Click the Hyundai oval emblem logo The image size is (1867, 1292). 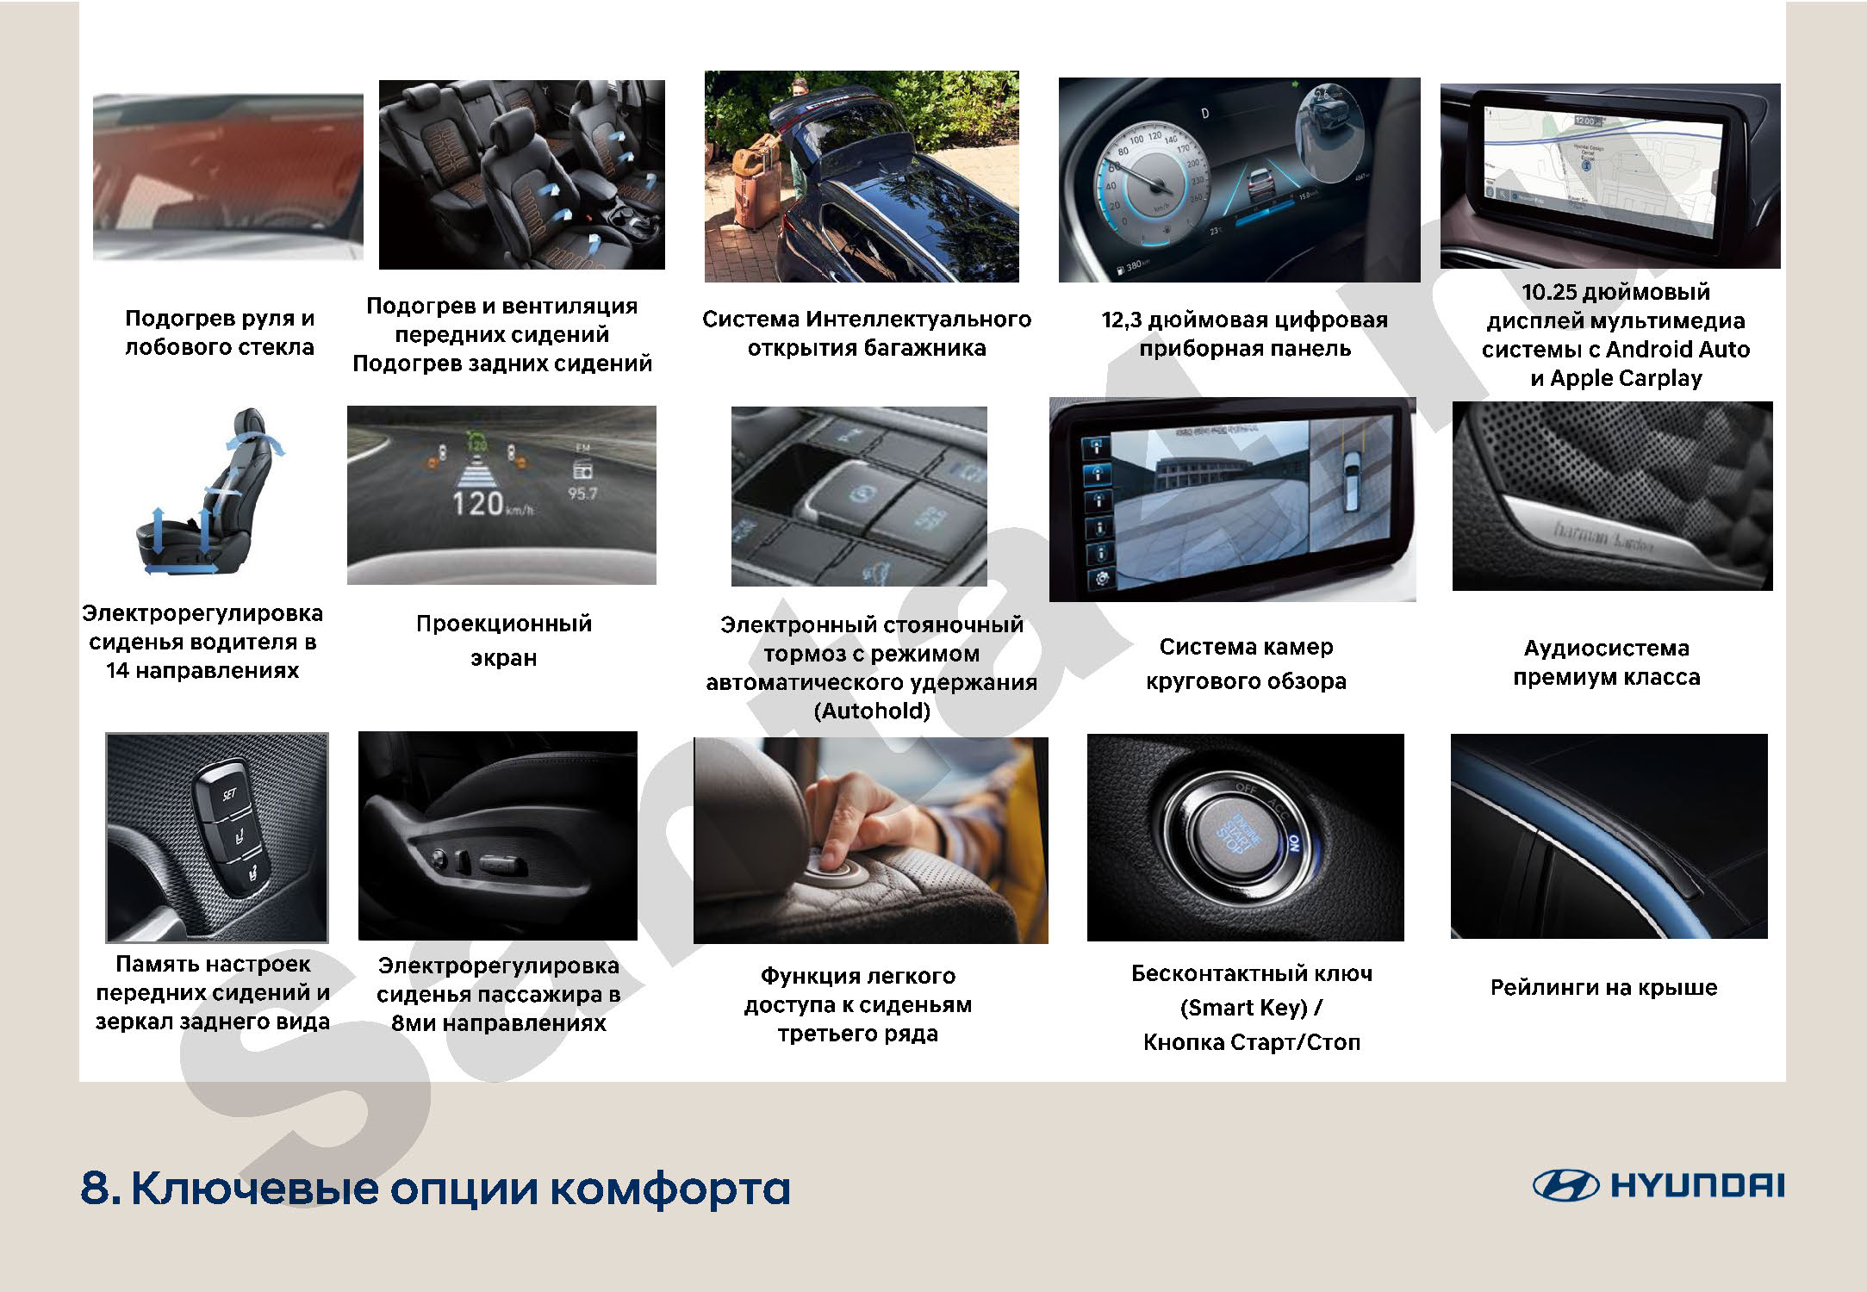tap(1565, 1185)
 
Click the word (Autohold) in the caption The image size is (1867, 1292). tap(872, 711)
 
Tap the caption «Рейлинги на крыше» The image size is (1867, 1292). tap(1603, 987)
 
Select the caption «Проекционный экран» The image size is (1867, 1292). tap(503, 641)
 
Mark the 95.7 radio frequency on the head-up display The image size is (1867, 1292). tap(582, 494)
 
